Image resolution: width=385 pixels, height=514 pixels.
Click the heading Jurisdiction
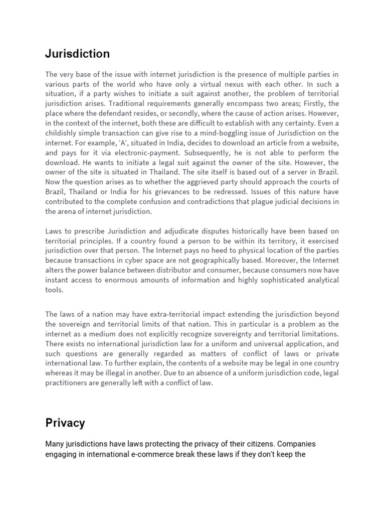[x=77, y=54]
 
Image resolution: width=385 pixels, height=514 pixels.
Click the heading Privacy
[x=65, y=423]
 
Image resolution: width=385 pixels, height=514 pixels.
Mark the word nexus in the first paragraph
[x=252, y=84]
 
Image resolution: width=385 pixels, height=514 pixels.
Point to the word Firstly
[x=327, y=103]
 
